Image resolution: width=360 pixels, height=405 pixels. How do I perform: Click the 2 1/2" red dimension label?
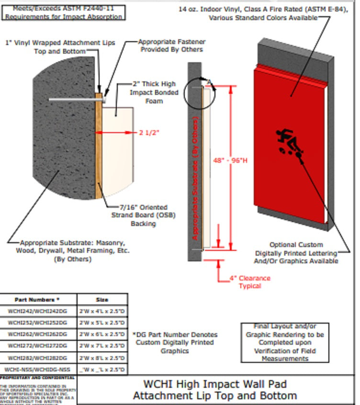click(148, 133)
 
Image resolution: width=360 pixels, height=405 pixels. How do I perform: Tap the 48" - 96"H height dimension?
click(230, 160)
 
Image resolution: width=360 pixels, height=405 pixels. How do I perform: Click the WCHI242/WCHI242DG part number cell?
click(38, 311)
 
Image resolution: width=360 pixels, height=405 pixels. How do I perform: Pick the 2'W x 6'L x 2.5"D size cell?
click(102, 334)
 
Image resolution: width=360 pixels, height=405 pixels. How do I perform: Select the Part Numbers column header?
click(38, 300)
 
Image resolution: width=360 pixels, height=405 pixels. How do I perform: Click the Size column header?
click(102, 300)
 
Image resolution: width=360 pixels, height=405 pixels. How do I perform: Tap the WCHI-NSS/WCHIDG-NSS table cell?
click(38, 369)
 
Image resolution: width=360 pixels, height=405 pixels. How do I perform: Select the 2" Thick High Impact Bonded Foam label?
click(154, 92)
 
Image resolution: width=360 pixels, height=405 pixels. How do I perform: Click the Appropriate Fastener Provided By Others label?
click(171, 45)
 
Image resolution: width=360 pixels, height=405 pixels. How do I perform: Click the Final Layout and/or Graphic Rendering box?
click(285, 342)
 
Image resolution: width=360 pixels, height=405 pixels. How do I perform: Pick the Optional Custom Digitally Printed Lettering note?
click(296, 253)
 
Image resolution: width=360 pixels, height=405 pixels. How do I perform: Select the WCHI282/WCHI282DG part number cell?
click(38, 358)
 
